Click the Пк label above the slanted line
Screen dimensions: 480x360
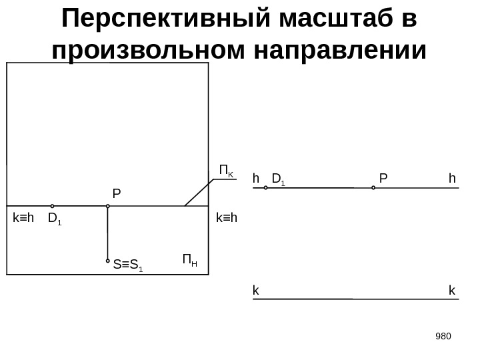tap(227, 171)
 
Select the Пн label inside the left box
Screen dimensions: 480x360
tap(190, 259)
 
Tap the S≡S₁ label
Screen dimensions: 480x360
tap(129, 267)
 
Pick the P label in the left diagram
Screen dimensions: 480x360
tap(117, 194)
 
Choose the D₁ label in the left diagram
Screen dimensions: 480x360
tap(55, 218)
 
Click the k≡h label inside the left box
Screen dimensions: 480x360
tap(24, 217)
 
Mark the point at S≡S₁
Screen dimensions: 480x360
tap(107, 261)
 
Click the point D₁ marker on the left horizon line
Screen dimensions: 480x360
tap(52, 206)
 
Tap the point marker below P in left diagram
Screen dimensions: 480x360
tap(107, 206)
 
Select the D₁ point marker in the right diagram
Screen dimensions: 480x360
tap(266, 188)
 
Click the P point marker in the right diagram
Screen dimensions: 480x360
tap(373, 188)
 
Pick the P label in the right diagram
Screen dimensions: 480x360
tap(383, 178)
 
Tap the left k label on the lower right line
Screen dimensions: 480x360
tap(255, 290)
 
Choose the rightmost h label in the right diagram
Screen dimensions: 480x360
tap(452, 178)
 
